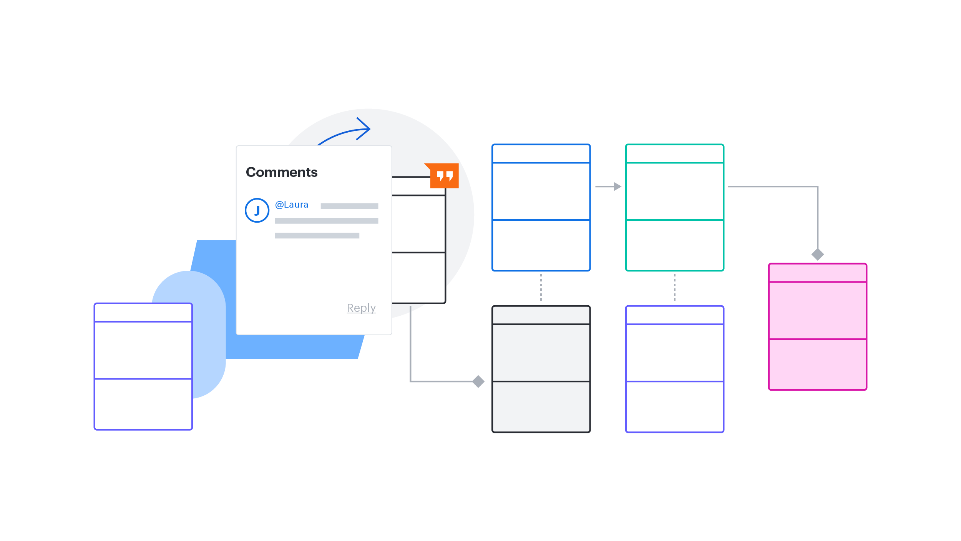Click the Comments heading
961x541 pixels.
click(x=282, y=172)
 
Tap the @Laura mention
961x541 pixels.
click(x=292, y=205)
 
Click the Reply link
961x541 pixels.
click(x=361, y=308)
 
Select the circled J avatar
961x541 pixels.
click(x=257, y=210)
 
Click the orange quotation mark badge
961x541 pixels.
click(x=444, y=176)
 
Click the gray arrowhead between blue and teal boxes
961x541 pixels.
click(x=617, y=186)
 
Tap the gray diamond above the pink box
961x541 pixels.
click(x=818, y=254)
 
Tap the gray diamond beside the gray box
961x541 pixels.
click(x=478, y=381)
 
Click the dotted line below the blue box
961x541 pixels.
click(x=541, y=288)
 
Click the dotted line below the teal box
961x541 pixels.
click(x=675, y=288)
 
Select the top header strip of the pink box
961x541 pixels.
click(x=818, y=273)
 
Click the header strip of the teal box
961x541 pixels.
click(x=675, y=154)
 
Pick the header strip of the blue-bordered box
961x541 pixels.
click(x=541, y=154)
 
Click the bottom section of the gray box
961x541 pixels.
click(x=541, y=406)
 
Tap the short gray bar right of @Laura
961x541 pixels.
click(x=349, y=206)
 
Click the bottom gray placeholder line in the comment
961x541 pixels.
click(x=317, y=236)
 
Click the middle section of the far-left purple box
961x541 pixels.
click(x=143, y=350)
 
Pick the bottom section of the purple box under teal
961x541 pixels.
click(x=675, y=406)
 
